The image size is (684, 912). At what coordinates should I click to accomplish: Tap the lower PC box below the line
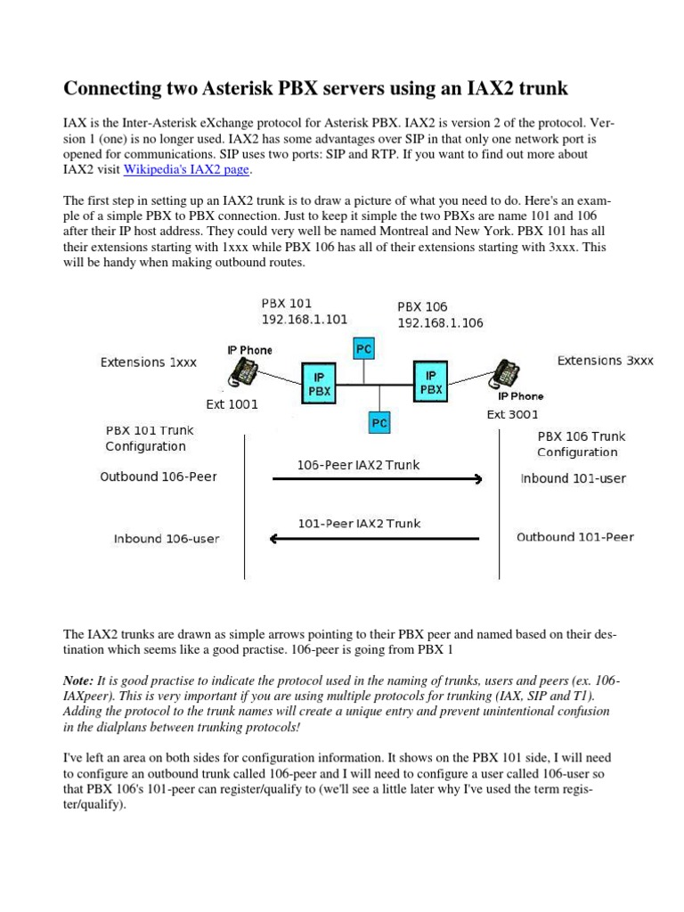(379, 422)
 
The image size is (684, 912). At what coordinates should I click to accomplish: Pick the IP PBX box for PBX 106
(430, 384)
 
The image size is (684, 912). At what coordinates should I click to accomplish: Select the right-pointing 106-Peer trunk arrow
(376, 479)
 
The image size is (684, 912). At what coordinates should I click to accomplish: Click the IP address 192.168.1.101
(304, 319)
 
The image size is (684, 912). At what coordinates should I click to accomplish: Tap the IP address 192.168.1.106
(440, 322)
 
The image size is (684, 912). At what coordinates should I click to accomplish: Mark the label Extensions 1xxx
(148, 362)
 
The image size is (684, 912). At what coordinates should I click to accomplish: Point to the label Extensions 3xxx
(605, 361)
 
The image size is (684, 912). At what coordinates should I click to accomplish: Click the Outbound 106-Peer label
(159, 476)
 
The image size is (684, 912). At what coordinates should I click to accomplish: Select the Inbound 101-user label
(573, 478)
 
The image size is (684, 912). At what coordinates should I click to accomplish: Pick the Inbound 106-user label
(167, 538)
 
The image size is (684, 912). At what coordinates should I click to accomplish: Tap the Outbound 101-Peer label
(575, 537)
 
